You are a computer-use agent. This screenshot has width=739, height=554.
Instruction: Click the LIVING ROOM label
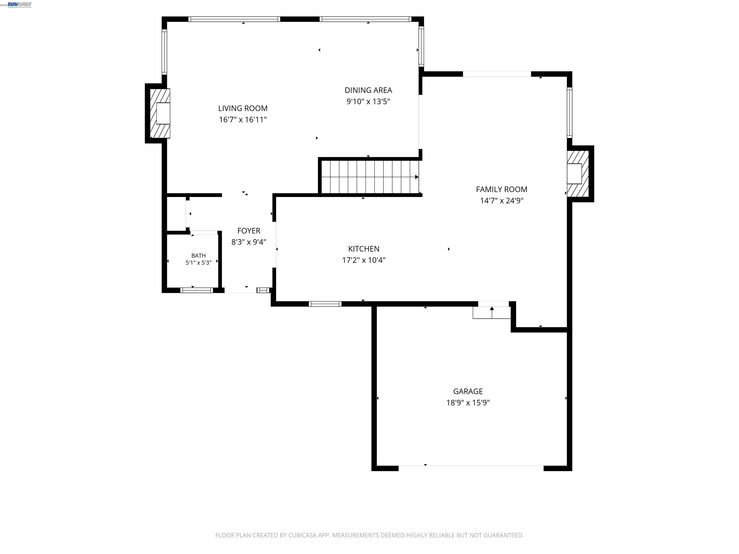tap(243, 108)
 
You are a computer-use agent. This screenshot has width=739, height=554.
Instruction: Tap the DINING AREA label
tap(368, 90)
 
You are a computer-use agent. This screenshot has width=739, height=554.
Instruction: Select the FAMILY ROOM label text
tap(502, 189)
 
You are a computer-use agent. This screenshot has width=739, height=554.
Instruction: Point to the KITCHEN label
tap(363, 249)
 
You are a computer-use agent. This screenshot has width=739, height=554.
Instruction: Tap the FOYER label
tap(248, 231)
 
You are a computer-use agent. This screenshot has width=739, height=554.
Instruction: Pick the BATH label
tap(198, 255)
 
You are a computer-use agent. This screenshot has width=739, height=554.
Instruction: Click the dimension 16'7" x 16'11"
tap(243, 120)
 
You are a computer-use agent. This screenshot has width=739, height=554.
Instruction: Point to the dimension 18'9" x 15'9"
tap(468, 402)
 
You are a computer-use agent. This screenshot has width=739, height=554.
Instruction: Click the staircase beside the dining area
tap(370, 177)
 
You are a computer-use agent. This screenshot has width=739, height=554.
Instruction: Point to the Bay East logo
tap(20, 5)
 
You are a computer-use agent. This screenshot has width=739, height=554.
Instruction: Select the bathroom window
tap(197, 290)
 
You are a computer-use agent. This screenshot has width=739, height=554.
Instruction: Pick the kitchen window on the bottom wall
tap(325, 304)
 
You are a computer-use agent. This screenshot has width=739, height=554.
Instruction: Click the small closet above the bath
tap(176, 214)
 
